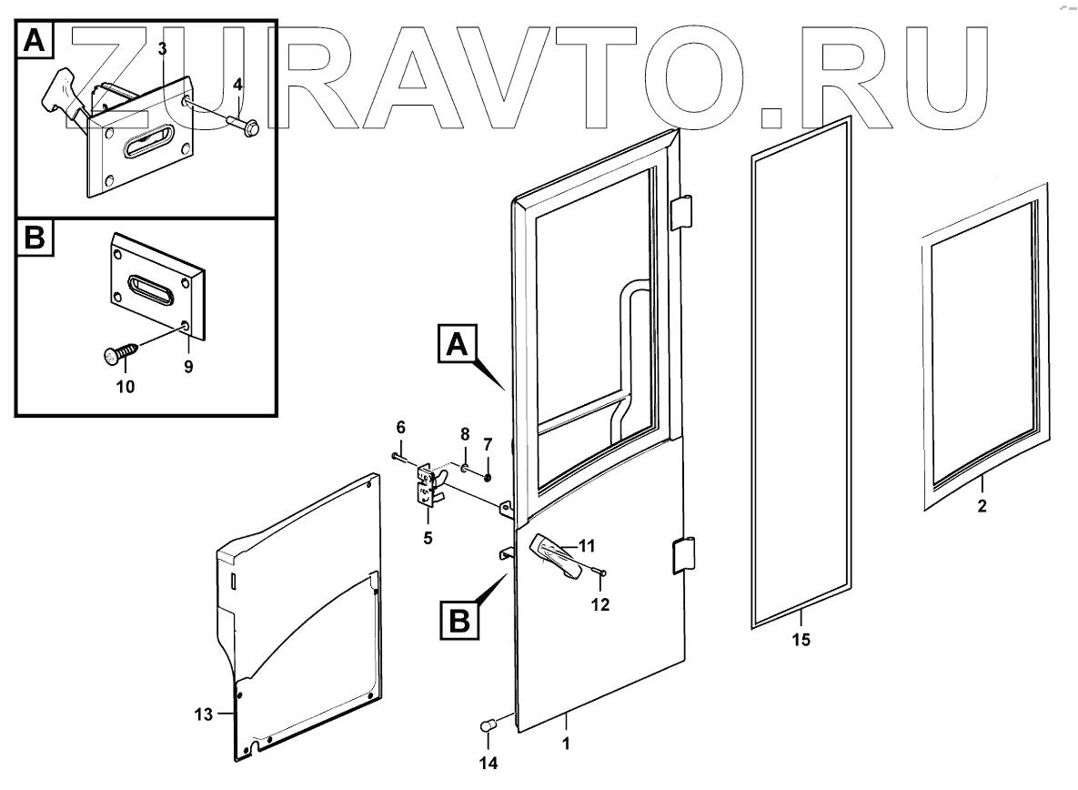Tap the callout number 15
point(801,639)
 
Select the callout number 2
point(982,506)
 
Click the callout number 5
point(427,536)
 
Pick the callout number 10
point(126,386)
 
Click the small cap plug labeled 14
point(486,725)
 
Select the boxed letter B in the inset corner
point(34,238)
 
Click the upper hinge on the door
point(682,213)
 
